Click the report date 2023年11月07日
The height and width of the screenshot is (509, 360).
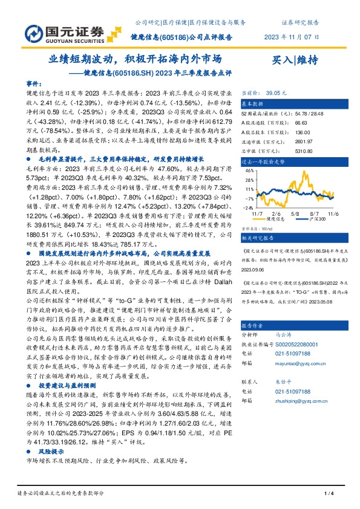click(290, 36)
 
